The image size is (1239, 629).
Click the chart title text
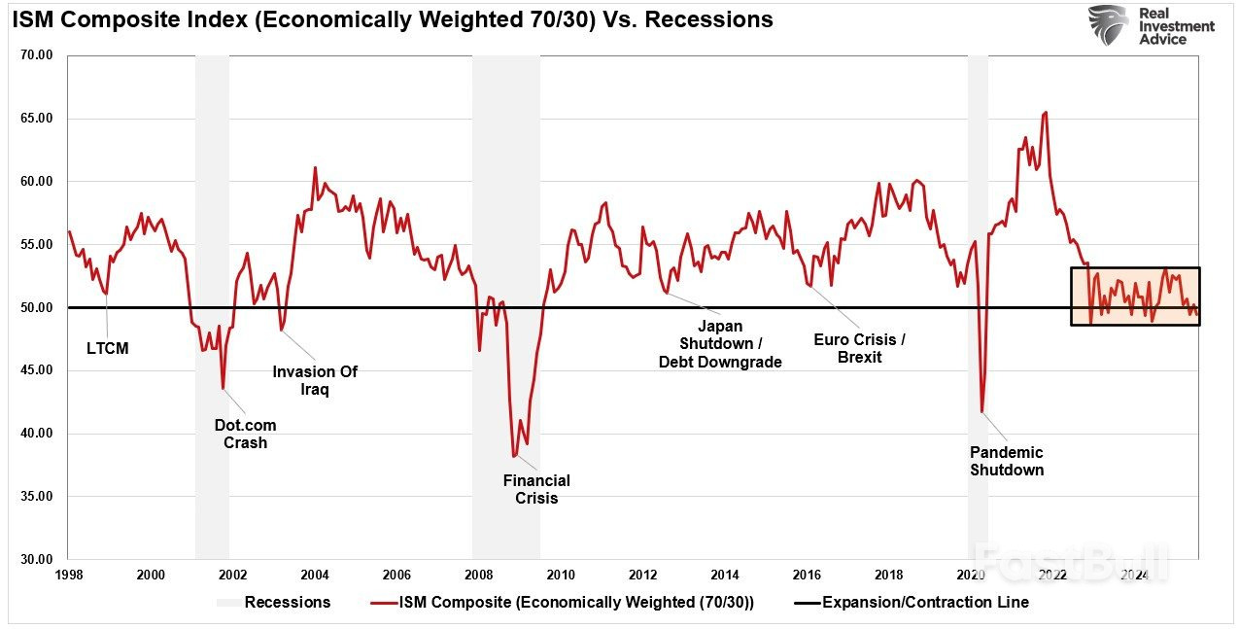click(x=393, y=20)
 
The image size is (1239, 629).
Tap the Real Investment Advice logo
click(x=1151, y=25)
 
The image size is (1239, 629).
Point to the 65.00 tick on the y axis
click(x=36, y=119)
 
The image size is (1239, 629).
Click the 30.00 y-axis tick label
click(x=36, y=559)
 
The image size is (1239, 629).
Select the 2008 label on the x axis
click(x=479, y=576)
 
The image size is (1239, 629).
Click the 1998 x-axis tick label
click(x=68, y=576)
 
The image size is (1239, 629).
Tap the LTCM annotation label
click(x=107, y=348)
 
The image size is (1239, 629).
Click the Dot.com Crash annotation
click(x=245, y=434)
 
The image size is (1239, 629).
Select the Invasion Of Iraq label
click(x=314, y=380)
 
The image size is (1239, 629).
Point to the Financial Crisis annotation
click(x=536, y=489)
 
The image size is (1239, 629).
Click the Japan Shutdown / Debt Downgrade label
click(x=720, y=344)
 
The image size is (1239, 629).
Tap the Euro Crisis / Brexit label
click(x=859, y=348)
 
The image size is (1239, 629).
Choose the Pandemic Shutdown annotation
click(x=1007, y=461)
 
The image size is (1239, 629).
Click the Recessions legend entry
click(x=287, y=602)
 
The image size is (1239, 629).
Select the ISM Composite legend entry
click(x=575, y=602)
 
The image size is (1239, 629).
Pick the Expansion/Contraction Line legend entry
click(x=924, y=602)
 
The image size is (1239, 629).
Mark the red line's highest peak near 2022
click(x=1045, y=113)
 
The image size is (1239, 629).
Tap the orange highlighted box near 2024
click(x=1135, y=296)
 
